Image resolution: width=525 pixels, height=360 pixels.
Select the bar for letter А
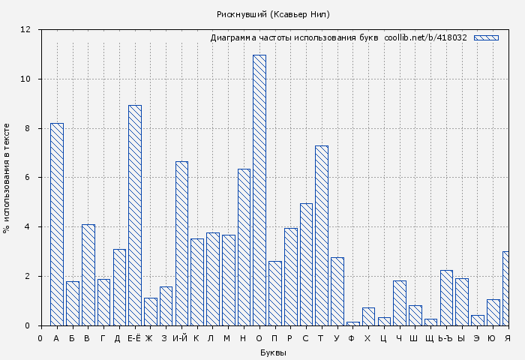tap(57, 224)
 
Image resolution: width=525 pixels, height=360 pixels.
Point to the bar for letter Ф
tap(352, 323)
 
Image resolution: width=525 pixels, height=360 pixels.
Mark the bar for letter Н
tap(244, 247)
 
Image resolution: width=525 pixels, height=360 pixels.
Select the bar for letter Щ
tap(430, 322)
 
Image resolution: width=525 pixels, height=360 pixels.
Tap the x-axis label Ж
tap(149, 339)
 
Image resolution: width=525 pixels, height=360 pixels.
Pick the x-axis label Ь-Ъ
tap(445, 339)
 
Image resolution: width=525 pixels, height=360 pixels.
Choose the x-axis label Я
tap(508, 339)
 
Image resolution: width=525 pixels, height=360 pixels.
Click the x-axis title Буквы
tap(273, 352)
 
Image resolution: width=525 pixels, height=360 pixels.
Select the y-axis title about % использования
tap(7, 178)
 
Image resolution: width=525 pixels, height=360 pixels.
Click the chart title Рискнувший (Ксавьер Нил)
tap(273, 14)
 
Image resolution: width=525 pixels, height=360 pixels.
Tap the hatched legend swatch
tap(486, 37)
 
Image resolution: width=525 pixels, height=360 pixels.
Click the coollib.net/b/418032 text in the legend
tap(425, 37)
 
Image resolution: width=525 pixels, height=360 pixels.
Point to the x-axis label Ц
tap(383, 339)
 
